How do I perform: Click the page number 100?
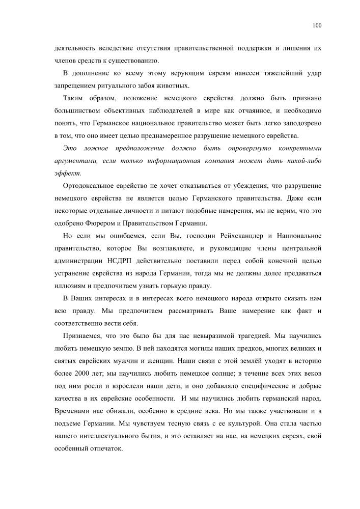pyautogui.click(x=317, y=25)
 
